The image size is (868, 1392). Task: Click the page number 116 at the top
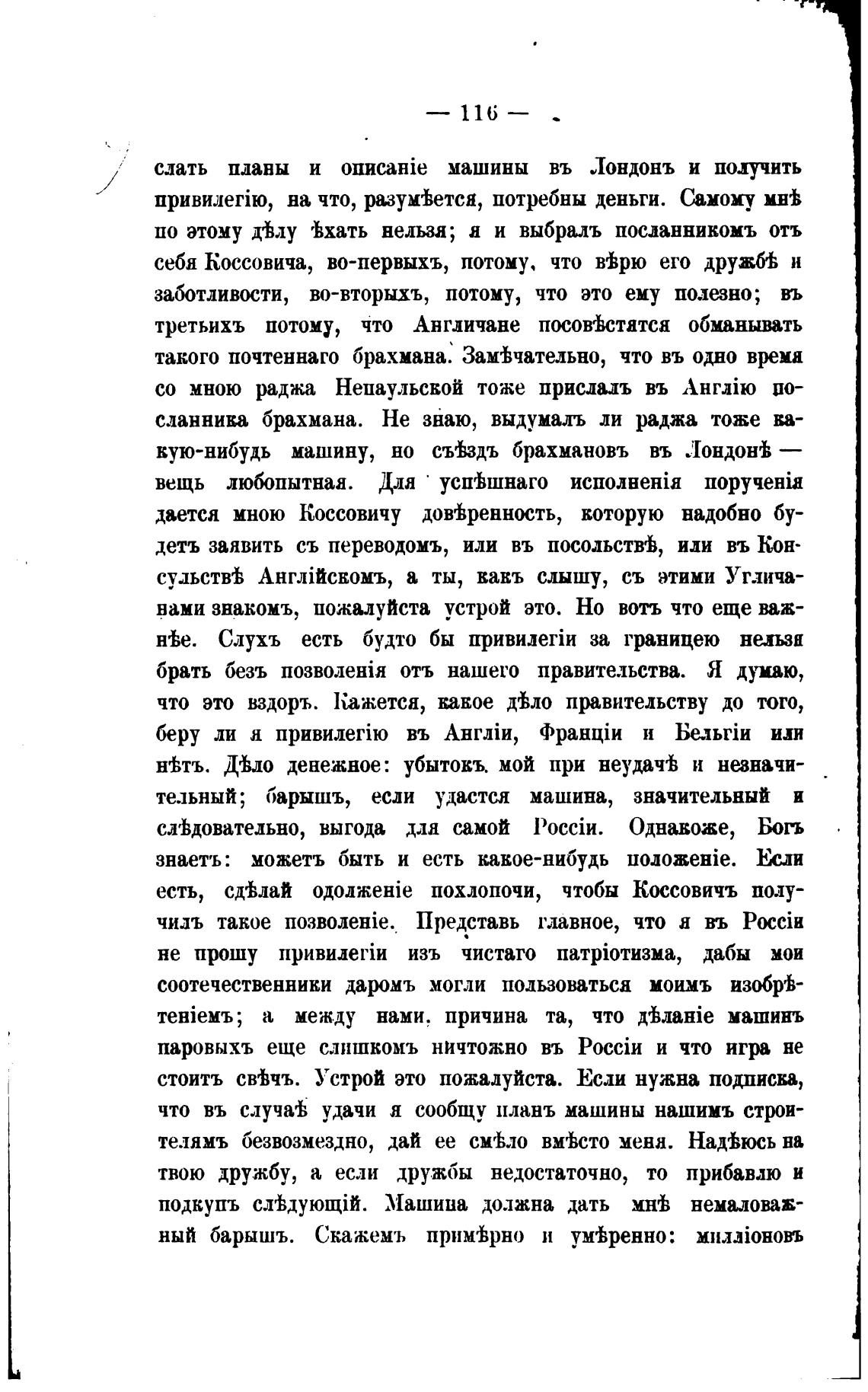479,113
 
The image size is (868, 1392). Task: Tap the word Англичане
467,325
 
